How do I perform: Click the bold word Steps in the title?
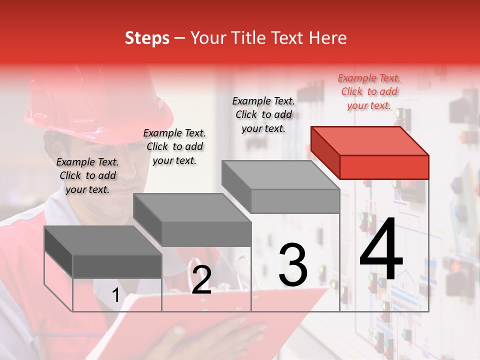[147, 38]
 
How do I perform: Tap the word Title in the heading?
[247, 38]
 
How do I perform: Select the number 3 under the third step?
[292, 265]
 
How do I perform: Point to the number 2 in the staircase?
[201, 280]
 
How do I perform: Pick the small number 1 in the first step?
[115, 295]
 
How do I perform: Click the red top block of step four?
[370, 152]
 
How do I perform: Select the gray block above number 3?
[281, 187]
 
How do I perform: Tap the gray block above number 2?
[192, 220]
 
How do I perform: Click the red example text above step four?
[369, 91]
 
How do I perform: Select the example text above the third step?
[263, 114]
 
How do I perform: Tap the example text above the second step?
[174, 146]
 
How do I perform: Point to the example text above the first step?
[87, 175]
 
